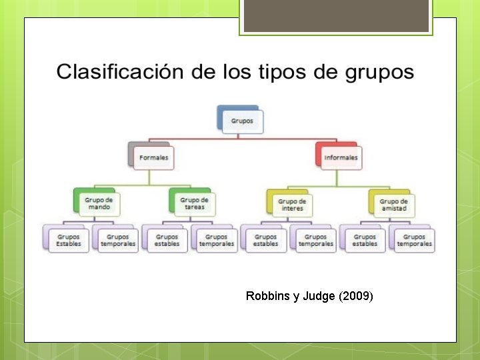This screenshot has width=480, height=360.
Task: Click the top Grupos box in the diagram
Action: tap(241, 121)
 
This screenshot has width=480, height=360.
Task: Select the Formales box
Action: tap(153, 158)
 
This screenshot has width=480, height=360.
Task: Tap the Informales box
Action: tap(340, 158)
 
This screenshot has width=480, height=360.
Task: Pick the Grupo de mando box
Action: tap(99, 203)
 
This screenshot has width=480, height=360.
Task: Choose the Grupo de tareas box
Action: tap(194, 203)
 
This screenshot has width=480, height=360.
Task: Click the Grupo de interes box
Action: tap(292, 205)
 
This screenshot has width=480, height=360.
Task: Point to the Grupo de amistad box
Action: tap(393, 205)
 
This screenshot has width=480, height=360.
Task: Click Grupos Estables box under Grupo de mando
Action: tap(69, 240)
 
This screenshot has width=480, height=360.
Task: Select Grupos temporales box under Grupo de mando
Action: tap(118, 240)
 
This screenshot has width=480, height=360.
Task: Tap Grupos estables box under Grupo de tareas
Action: tap(167, 240)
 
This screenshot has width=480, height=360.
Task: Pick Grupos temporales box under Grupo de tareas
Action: tap(216, 240)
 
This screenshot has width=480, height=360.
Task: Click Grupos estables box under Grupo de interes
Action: tap(265, 240)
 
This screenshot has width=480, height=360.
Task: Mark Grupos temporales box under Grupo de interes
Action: tap(315, 240)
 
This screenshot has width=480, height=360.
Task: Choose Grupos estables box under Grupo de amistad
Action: tap(365, 240)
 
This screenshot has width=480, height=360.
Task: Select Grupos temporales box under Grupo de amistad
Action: tap(414, 240)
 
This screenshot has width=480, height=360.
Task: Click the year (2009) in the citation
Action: tap(355, 296)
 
